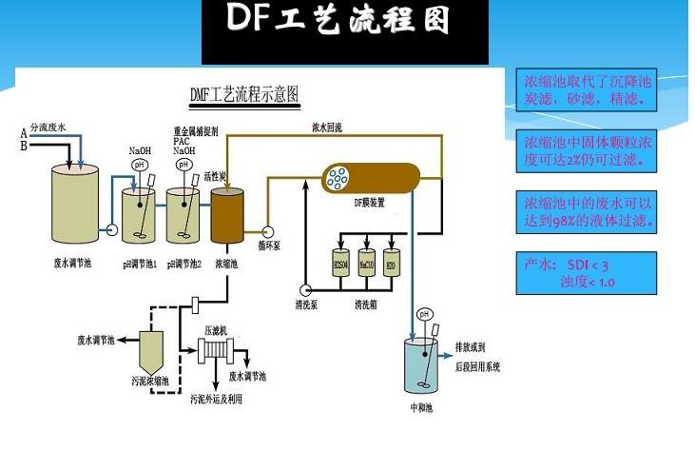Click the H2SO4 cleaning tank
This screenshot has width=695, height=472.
(340, 264)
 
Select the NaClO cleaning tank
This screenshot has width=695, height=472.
(366, 264)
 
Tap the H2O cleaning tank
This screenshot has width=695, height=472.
(390, 264)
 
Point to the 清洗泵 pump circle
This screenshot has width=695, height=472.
(305, 290)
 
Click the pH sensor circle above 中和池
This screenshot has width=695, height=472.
(425, 314)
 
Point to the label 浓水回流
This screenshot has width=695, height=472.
(328, 126)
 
